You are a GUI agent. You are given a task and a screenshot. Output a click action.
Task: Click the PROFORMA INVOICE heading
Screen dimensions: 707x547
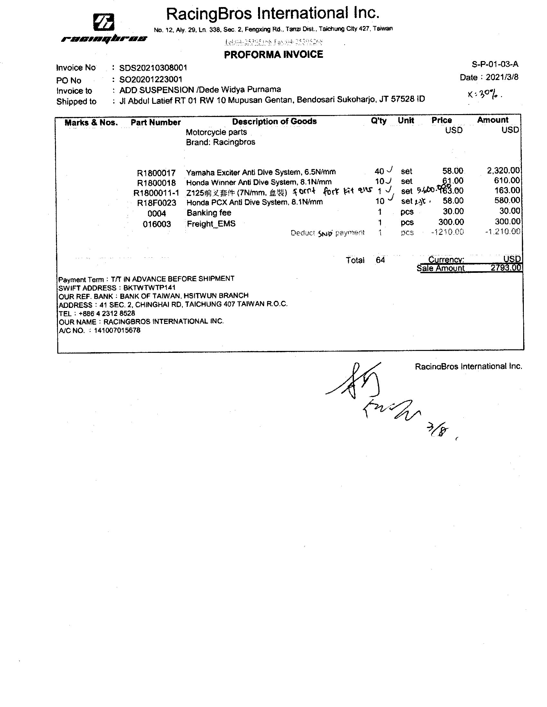pyautogui.click(x=273, y=54)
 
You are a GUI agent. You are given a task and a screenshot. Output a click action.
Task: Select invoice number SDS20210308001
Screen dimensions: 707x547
pyautogui.click(x=153, y=68)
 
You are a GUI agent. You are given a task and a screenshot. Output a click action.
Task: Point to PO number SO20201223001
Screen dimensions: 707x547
pyautogui.click(x=151, y=79)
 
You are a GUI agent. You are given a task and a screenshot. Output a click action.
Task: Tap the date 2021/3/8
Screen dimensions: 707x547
pyautogui.click(x=502, y=77)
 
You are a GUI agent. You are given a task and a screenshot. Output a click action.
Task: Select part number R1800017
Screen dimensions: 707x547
pyautogui.click(x=156, y=173)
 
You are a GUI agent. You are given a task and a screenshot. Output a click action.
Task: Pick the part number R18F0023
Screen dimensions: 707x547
pyautogui.click(x=156, y=203)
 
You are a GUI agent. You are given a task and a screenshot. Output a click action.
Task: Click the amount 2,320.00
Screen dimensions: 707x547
pyautogui.click(x=503, y=170)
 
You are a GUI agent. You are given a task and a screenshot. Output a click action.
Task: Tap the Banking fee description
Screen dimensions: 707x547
pyautogui.click(x=209, y=213)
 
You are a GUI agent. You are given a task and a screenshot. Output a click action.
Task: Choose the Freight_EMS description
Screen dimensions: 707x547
pyautogui.click(x=211, y=224)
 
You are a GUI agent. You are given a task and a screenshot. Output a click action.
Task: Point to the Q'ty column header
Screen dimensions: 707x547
pyautogui.click(x=378, y=121)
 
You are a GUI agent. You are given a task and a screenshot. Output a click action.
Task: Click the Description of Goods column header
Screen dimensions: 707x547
pyautogui.click(x=274, y=121)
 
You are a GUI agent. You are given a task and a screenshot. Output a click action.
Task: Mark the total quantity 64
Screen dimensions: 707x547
pyautogui.click(x=380, y=260)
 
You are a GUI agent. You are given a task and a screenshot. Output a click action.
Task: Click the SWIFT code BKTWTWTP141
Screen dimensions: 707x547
pyautogui.click(x=149, y=288)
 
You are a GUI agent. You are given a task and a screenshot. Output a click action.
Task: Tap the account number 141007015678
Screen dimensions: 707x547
pyautogui.click(x=117, y=330)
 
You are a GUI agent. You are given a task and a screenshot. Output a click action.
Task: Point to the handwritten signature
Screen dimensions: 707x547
pyautogui.click(x=373, y=395)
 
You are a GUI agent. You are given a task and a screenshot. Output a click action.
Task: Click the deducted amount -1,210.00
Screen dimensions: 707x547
pyautogui.click(x=503, y=231)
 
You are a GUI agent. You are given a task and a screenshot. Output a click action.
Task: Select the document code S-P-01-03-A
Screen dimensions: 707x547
pyautogui.click(x=495, y=64)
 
